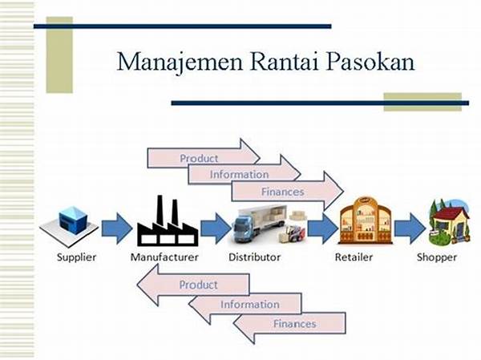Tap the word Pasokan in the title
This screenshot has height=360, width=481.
point(370,63)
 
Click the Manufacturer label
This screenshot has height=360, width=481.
point(164,257)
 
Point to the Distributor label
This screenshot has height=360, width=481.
point(254,257)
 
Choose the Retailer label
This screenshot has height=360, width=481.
point(356,257)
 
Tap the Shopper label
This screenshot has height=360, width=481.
point(436,257)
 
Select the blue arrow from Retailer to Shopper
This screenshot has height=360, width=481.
point(409,227)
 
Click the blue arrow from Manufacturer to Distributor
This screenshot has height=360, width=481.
point(214,227)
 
